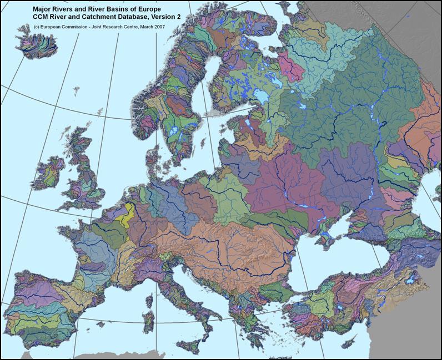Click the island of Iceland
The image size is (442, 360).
(x=32, y=44)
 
